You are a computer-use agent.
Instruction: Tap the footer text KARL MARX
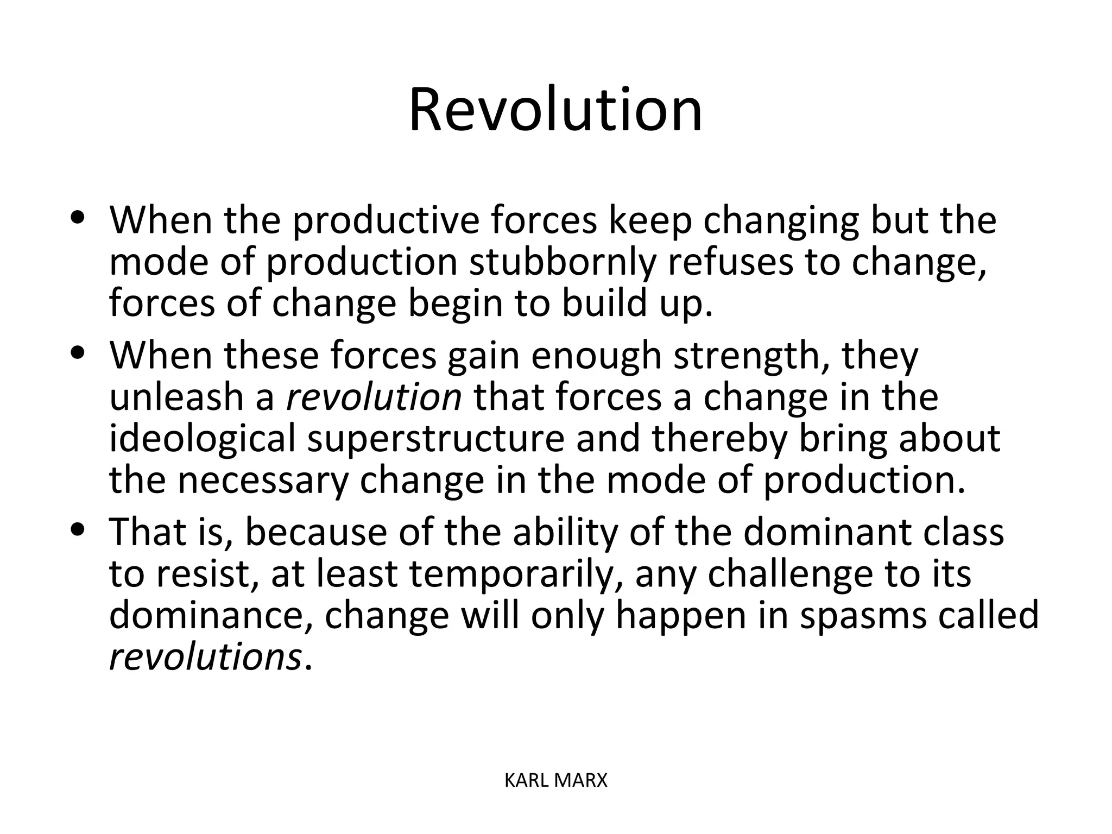pyautogui.click(x=555, y=781)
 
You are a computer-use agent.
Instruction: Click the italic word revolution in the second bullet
pyautogui.click(x=374, y=397)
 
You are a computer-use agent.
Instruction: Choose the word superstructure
pyautogui.click(x=436, y=438)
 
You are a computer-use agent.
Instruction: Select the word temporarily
pyautogui.click(x=510, y=573)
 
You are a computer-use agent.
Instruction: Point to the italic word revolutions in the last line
pyautogui.click(x=205, y=657)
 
